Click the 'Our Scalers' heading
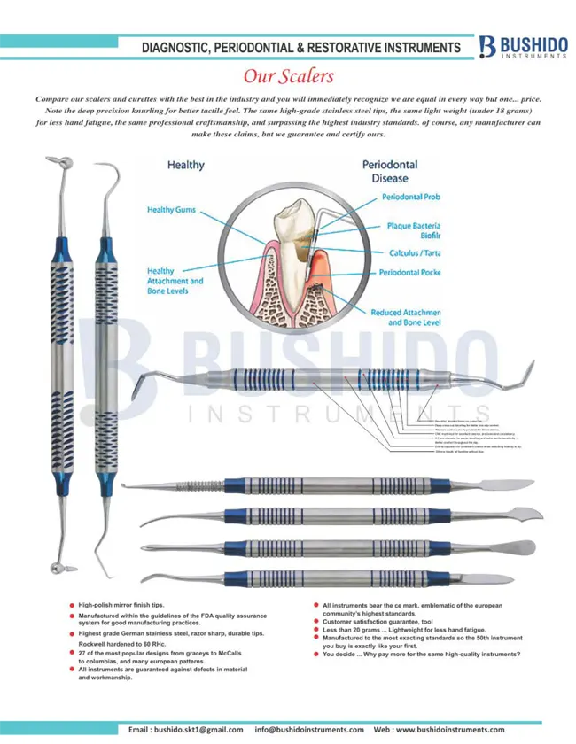click(x=288, y=77)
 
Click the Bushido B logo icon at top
click(x=486, y=47)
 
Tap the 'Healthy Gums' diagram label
click(x=172, y=210)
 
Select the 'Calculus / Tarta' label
click(x=415, y=253)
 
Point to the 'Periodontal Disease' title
click(x=390, y=171)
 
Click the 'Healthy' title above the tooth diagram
click(x=186, y=165)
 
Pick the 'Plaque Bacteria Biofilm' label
click(x=414, y=231)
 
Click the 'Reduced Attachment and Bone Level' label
click(x=405, y=318)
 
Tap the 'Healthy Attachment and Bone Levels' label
click(x=175, y=281)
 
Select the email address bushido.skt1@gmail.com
click(x=186, y=729)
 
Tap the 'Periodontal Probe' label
click(x=411, y=197)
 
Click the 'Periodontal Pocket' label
click(x=410, y=273)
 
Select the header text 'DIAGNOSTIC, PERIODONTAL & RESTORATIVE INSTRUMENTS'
click(x=301, y=47)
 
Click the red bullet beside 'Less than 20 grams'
click(x=316, y=630)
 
